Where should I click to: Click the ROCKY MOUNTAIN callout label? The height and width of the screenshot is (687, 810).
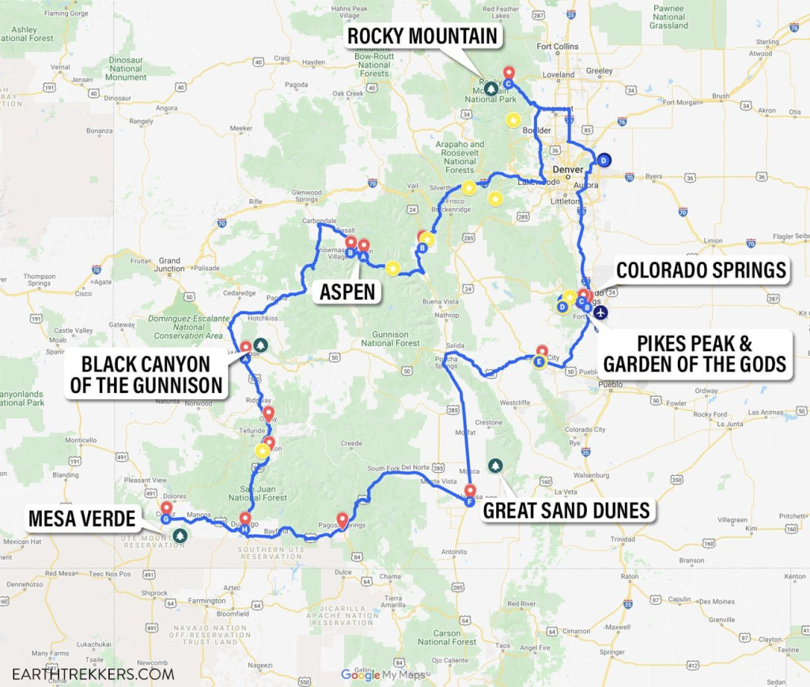pyautogui.click(x=422, y=36)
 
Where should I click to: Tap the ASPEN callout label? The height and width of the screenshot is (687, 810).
pyautogui.click(x=346, y=292)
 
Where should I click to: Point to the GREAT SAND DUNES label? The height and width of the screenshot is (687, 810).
pyautogui.click(x=566, y=510)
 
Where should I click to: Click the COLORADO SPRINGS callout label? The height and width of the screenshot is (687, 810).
pyautogui.click(x=701, y=270)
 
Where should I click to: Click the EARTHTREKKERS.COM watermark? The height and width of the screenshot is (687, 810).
pyautogui.click(x=93, y=674)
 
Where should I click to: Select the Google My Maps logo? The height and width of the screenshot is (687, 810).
pyautogui.click(x=383, y=674)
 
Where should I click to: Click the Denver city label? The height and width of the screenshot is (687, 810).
pyautogui.click(x=567, y=169)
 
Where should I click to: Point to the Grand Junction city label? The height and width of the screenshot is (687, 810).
pyautogui.click(x=169, y=264)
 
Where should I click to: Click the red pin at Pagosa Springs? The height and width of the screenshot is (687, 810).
pyautogui.click(x=343, y=520)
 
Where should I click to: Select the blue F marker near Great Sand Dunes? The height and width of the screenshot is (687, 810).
pyautogui.click(x=471, y=501)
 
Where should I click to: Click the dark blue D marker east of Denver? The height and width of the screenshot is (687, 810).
pyautogui.click(x=604, y=160)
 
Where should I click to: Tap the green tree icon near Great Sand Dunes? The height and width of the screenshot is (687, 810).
pyautogui.click(x=495, y=465)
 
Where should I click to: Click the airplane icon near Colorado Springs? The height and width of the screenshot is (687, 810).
pyautogui.click(x=601, y=312)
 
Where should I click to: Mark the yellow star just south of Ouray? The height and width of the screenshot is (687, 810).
pyautogui.click(x=262, y=451)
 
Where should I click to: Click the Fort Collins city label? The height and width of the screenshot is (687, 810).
pyautogui.click(x=558, y=47)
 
